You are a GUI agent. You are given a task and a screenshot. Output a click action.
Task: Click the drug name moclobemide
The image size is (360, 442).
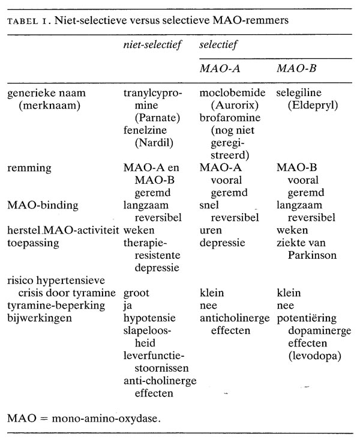233,94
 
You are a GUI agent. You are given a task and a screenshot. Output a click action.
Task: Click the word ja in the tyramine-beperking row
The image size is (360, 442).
128,305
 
